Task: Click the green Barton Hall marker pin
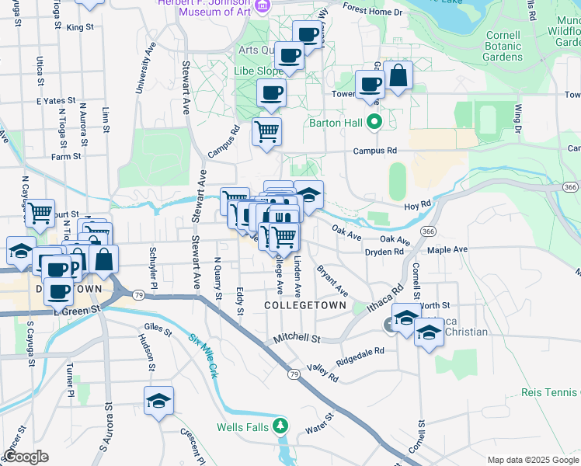coord(374,122)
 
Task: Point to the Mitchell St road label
coord(298,339)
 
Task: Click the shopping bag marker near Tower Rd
coord(398,76)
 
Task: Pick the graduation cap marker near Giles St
coord(158,401)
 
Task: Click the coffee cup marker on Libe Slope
coord(271,93)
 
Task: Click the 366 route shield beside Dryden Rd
coord(428,231)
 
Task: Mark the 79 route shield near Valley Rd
coord(294,374)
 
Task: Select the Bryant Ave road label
coord(332,280)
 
